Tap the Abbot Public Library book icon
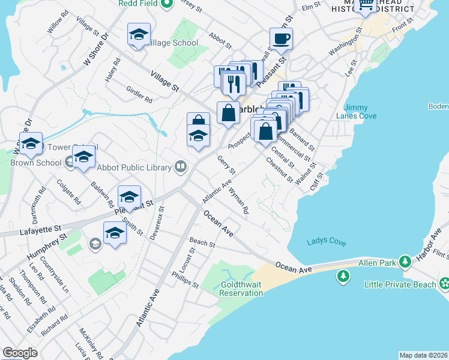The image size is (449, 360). [180, 166]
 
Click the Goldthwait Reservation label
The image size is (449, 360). [241, 289]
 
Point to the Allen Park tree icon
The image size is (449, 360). [406, 262]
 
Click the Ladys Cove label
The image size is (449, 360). [326, 242]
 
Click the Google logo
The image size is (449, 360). [19, 353]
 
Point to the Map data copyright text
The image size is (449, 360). [423, 355]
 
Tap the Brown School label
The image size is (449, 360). [36, 163]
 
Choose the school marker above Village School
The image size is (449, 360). [139, 35]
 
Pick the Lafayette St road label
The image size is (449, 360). [41, 229]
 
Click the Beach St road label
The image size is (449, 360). [202, 242]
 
